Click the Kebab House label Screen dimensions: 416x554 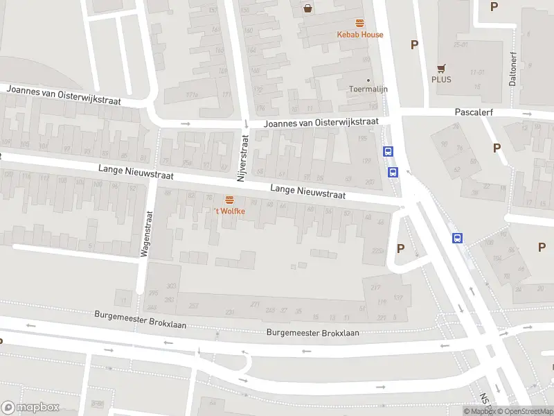pyautogui.click(x=359, y=35)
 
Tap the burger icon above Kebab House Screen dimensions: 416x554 pyautogui.click(x=359, y=23)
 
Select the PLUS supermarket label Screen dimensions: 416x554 pyautogui.click(x=441, y=79)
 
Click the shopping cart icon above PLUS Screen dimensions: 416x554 pyautogui.click(x=440, y=68)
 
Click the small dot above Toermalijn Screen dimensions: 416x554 pyautogui.click(x=368, y=80)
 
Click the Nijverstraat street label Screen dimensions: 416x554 pyautogui.click(x=242, y=158)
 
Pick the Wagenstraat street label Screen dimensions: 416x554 pyautogui.click(x=146, y=234)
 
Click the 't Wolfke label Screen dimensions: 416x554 pyautogui.click(x=229, y=211)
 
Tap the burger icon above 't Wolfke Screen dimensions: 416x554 pyautogui.click(x=229, y=200)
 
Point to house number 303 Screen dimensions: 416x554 pyautogui.click(x=172, y=286)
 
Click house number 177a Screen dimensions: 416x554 pyautogui.click(x=192, y=95)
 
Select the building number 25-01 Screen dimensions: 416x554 pyautogui.click(x=461, y=44)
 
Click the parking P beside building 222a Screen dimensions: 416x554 pyautogui.click(x=400, y=248)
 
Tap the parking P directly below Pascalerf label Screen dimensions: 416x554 pyautogui.click(x=497, y=148)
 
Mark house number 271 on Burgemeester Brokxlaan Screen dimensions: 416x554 pyautogui.click(x=255, y=304)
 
